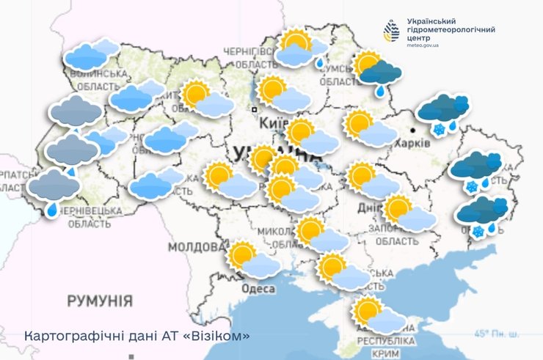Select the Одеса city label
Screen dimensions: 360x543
click(258, 289)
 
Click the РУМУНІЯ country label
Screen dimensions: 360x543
click(100, 301)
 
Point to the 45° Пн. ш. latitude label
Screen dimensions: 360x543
click(496, 334)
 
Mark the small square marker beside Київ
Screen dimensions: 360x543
click(254, 109)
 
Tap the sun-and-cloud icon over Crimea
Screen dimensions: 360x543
click(379, 315)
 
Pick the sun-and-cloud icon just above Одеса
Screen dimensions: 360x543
click(253, 260)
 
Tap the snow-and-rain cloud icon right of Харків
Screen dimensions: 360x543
click(443, 114)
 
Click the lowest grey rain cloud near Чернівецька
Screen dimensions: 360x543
click(54, 189)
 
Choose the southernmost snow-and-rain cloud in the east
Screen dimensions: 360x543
click(481, 216)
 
